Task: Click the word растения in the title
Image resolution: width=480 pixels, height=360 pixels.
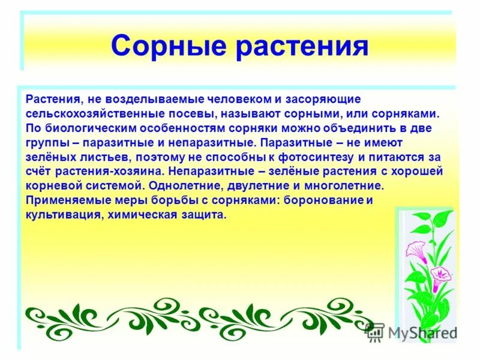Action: coord(301,47)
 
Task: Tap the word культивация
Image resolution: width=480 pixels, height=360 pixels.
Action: coord(59,215)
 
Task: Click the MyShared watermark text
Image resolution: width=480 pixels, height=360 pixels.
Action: coord(419,332)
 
